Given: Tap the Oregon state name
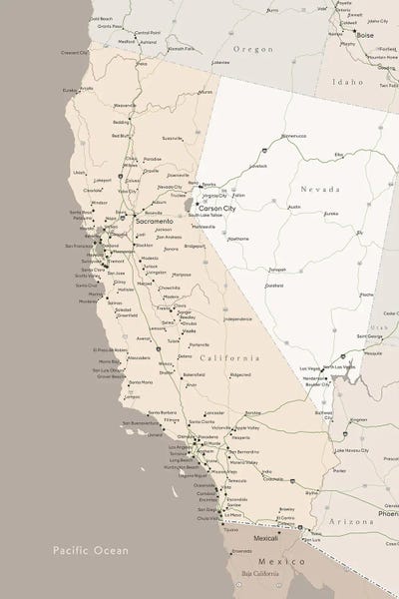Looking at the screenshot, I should [x=252, y=48].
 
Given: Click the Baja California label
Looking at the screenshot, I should [x=261, y=575].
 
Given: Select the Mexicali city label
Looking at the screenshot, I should [x=265, y=538].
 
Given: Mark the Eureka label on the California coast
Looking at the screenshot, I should [x=71, y=90].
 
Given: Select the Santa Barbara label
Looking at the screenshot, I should [x=162, y=411].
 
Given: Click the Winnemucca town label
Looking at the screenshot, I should [x=293, y=135].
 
